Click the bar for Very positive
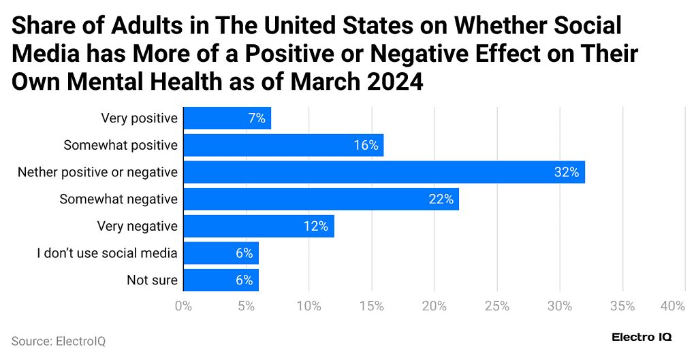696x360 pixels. [x=227, y=118]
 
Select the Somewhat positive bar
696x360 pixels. [x=283, y=145]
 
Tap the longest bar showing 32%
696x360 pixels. [x=384, y=172]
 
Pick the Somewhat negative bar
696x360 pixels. [x=321, y=199]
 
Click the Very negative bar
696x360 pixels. [x=259, y=226]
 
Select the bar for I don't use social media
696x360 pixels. [x=221, y=253]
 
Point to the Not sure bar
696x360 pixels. [x=221, y=280]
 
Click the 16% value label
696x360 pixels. [x=366, y=145]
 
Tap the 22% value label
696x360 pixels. [x=441, y=199]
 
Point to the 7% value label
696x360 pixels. [x=257, y=118]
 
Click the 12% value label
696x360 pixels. [x=317, y=226]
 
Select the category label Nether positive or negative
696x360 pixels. [x=97, y=172]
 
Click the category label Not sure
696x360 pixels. [x=152, y=280]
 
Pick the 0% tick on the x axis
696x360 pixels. [x=183, y=306]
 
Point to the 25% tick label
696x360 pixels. [x=497, y=306]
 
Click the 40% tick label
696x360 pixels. [x=672, y=306]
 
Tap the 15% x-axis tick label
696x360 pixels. [x=371, y=306]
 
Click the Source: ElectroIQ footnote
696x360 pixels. [x=58, y=341]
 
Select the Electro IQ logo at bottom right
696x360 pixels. [x=641, y=338]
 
